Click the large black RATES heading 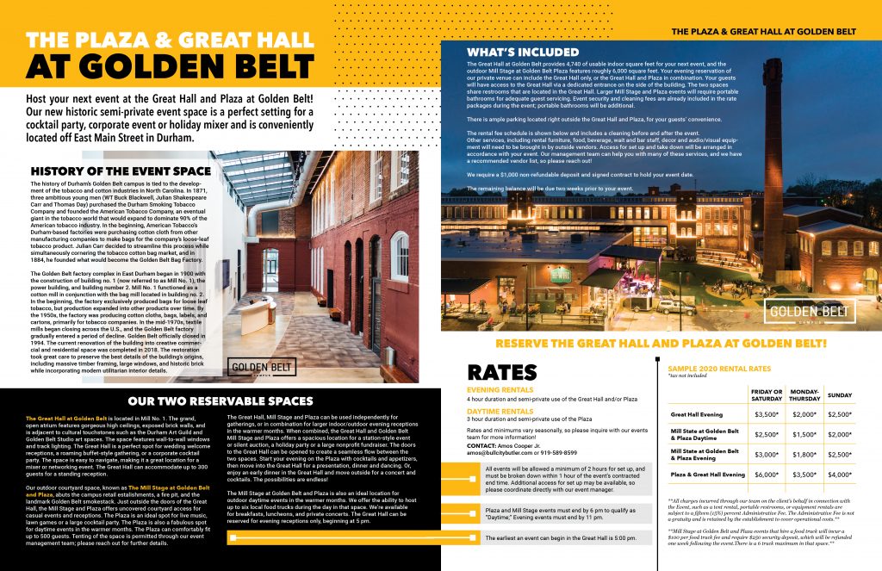(502, 373)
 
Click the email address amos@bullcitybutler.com (506, 451)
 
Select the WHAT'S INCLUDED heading (511, 52)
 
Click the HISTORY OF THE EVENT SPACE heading (120, 171)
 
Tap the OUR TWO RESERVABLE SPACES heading (220, 401)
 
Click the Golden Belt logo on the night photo (811, 312)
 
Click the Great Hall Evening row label (698, 414)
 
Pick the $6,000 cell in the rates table (767, 475)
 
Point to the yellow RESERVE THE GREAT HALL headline (660, 344)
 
